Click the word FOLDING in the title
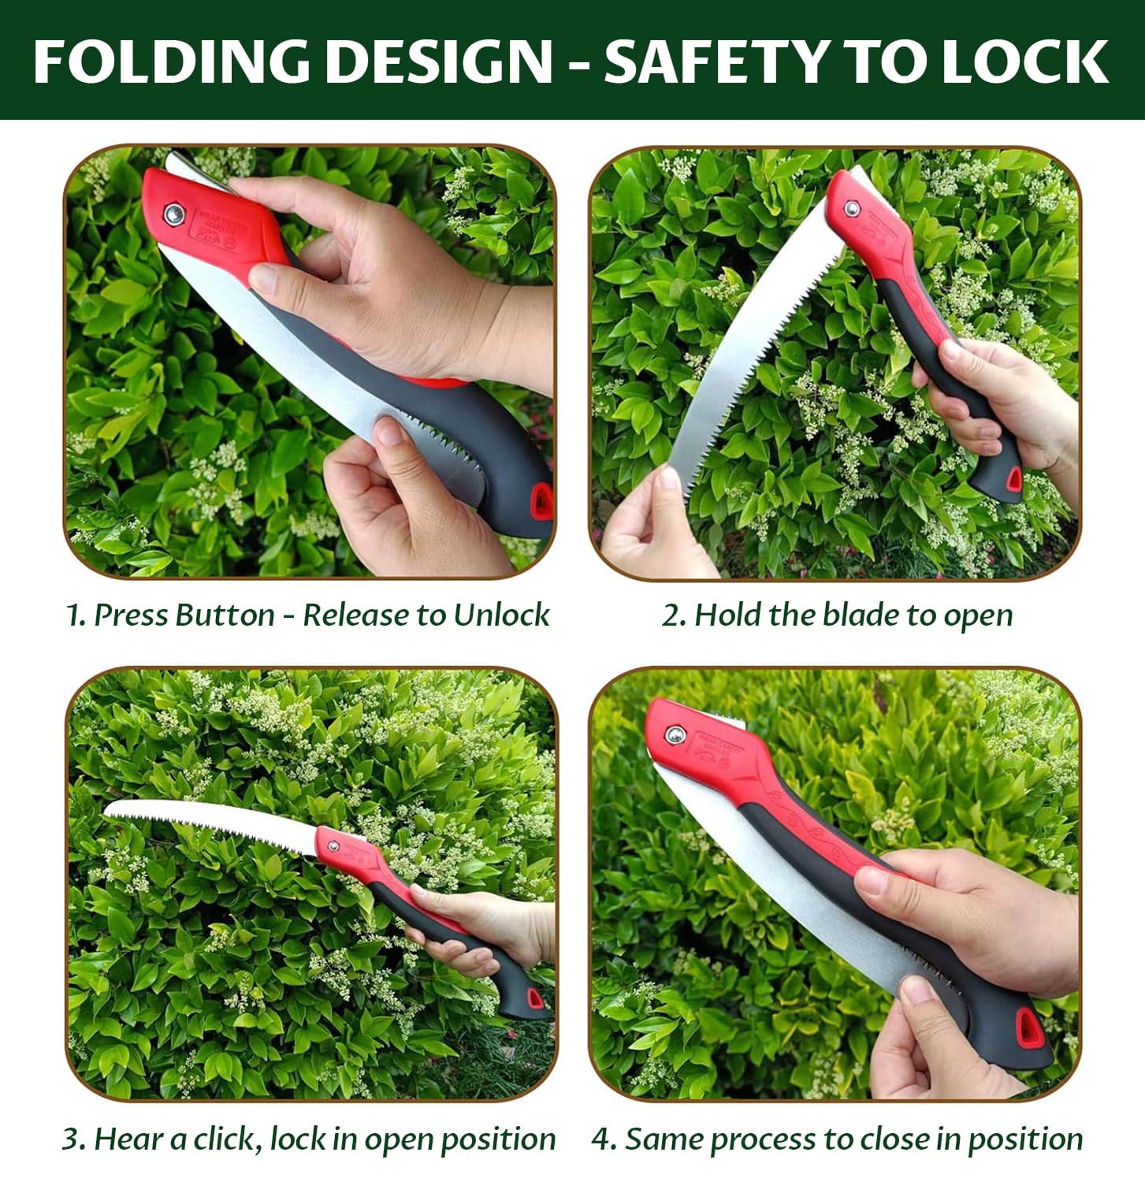click(173, 61)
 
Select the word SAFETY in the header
click(716, 61)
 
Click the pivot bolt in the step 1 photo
click(173, 213)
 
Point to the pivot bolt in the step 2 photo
click(851, 208)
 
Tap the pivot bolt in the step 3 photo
click(333, 846)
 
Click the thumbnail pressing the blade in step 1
click(388, 432)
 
